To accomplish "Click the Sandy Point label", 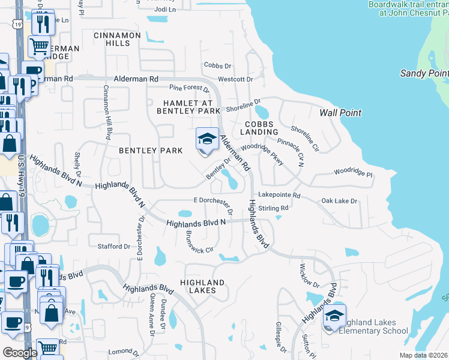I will click(x=424, y=73).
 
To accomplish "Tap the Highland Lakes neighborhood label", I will click(x=202, y=286).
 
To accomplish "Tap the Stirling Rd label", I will click(x=275, y=208).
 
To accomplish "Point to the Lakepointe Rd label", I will click(x=279, y=195).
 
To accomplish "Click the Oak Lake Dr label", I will click(x=339, y=200).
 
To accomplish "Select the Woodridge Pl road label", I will click(x=354, y=171).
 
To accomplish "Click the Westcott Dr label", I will click(x=235, y=79).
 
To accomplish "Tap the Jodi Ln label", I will click(x=165, y=10).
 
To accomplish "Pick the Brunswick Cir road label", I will click(x=199, y=242).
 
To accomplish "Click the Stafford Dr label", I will click(x=114, y=246).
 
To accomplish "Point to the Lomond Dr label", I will click(x=125, y=351).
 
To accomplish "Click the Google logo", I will click(x=20, y=352).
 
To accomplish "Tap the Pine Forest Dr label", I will click(x=185, y=89).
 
